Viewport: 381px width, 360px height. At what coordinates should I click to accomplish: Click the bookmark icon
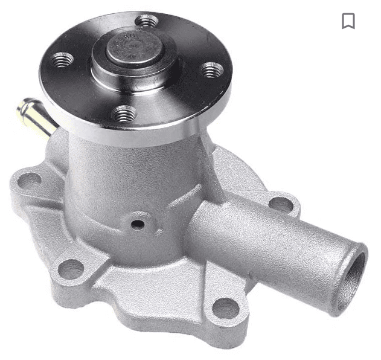(x=348, y=21)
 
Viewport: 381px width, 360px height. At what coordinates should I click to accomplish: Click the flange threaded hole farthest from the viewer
(x=147, y=22)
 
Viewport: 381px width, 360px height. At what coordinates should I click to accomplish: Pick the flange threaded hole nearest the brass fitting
(x=62, y=59)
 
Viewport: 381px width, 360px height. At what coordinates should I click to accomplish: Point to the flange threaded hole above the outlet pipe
(x=210, y=70)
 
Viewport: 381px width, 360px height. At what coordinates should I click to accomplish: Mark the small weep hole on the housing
(x=138, y=225)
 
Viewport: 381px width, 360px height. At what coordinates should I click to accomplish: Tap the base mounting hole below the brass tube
(x=28, y=180)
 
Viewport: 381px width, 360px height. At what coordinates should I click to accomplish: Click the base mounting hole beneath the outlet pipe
(x=226, y=309)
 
